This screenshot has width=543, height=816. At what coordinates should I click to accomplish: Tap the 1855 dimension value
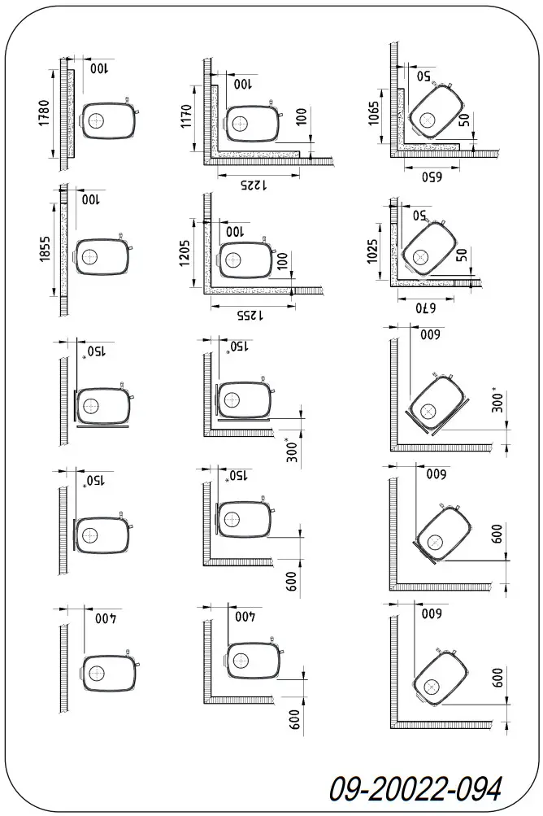pos(45,245)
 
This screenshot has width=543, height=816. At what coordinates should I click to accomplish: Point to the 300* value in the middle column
pos(293,449)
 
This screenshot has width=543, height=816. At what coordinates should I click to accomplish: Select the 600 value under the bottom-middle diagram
pos(294,719)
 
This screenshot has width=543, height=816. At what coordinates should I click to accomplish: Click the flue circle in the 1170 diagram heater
pos(241,124)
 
